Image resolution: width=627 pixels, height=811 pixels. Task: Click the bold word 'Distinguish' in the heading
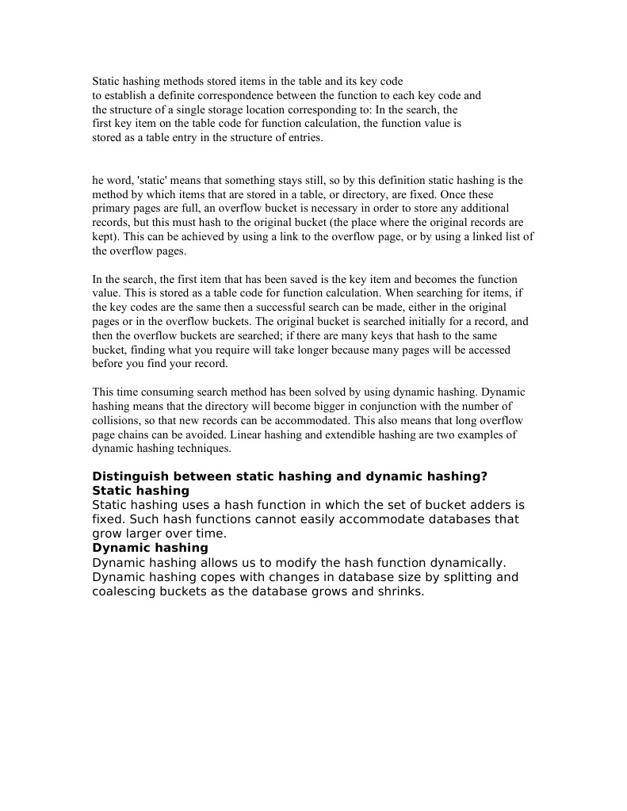(x=132, y=476)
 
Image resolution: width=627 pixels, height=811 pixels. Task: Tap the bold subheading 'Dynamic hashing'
(x=150, y=548)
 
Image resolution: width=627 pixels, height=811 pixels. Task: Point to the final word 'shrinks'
(x=400, y=591)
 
